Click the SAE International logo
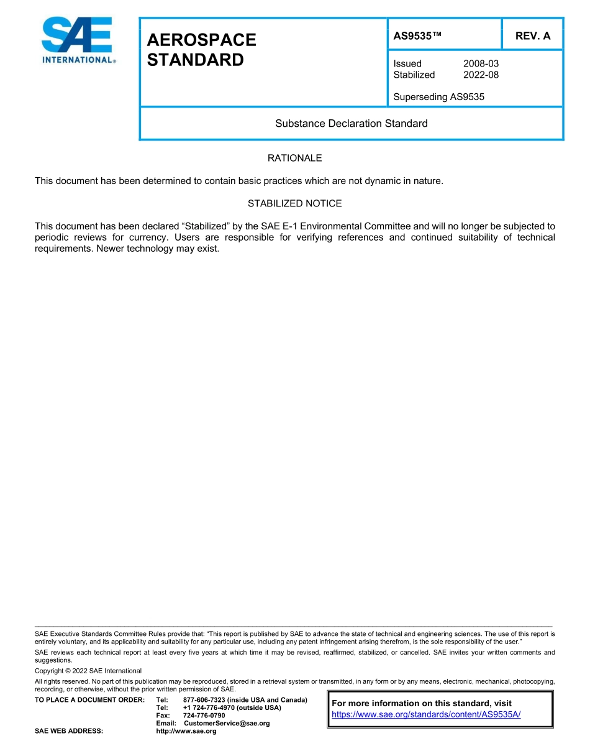click(x=77, y=40)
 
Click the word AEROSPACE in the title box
click(x=201, y=40)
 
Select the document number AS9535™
click(x=417, y=35)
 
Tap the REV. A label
click(x=533, y=35)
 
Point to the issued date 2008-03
click(x=481, y=63)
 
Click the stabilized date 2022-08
click(x=481, y=75)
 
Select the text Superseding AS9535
click(x=438, y=97)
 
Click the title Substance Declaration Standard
click(x=352, y=123)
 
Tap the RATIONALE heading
click(x=294, y=158)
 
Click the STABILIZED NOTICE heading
click(x=294, y=203)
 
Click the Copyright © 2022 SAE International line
click(x=88, y=671)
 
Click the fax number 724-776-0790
click(x=204, y=716)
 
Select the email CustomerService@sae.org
click(x=227, y=723)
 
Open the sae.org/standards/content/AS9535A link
click(x=426, y=714)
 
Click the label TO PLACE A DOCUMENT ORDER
click(x=89, y=700)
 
